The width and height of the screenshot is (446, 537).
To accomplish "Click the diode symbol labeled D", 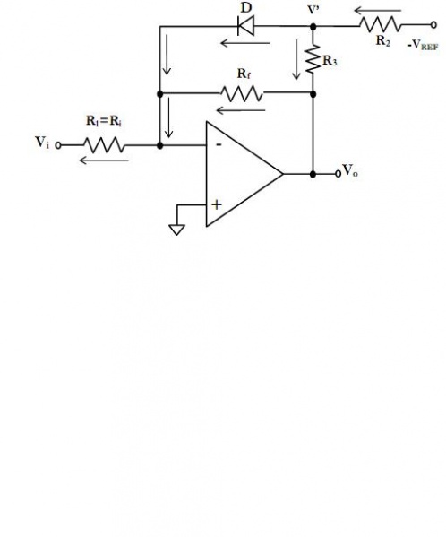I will click(x=244, y=27).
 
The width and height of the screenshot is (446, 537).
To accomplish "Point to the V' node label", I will click(x=313, y=13).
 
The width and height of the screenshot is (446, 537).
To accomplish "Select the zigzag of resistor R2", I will click(x=376, y=27).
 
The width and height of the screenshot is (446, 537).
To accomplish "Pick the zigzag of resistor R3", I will click(x=313, y=59).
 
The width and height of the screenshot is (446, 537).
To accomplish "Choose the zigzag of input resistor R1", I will click(x=105, y=143).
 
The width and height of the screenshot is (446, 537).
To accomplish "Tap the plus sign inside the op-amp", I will click(x=216, y=204).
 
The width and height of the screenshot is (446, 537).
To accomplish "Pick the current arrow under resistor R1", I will click(x=103, y=160).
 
